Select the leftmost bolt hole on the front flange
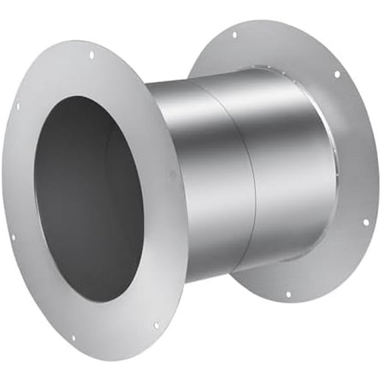[13, 236]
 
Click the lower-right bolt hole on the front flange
[156, 325]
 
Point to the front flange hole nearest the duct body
[171, 175]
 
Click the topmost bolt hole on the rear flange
[233, 35]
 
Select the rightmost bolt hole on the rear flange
[365, 222]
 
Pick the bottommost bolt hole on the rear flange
[287, 293]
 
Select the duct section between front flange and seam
[200, 167]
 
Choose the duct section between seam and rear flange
[287, 160]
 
